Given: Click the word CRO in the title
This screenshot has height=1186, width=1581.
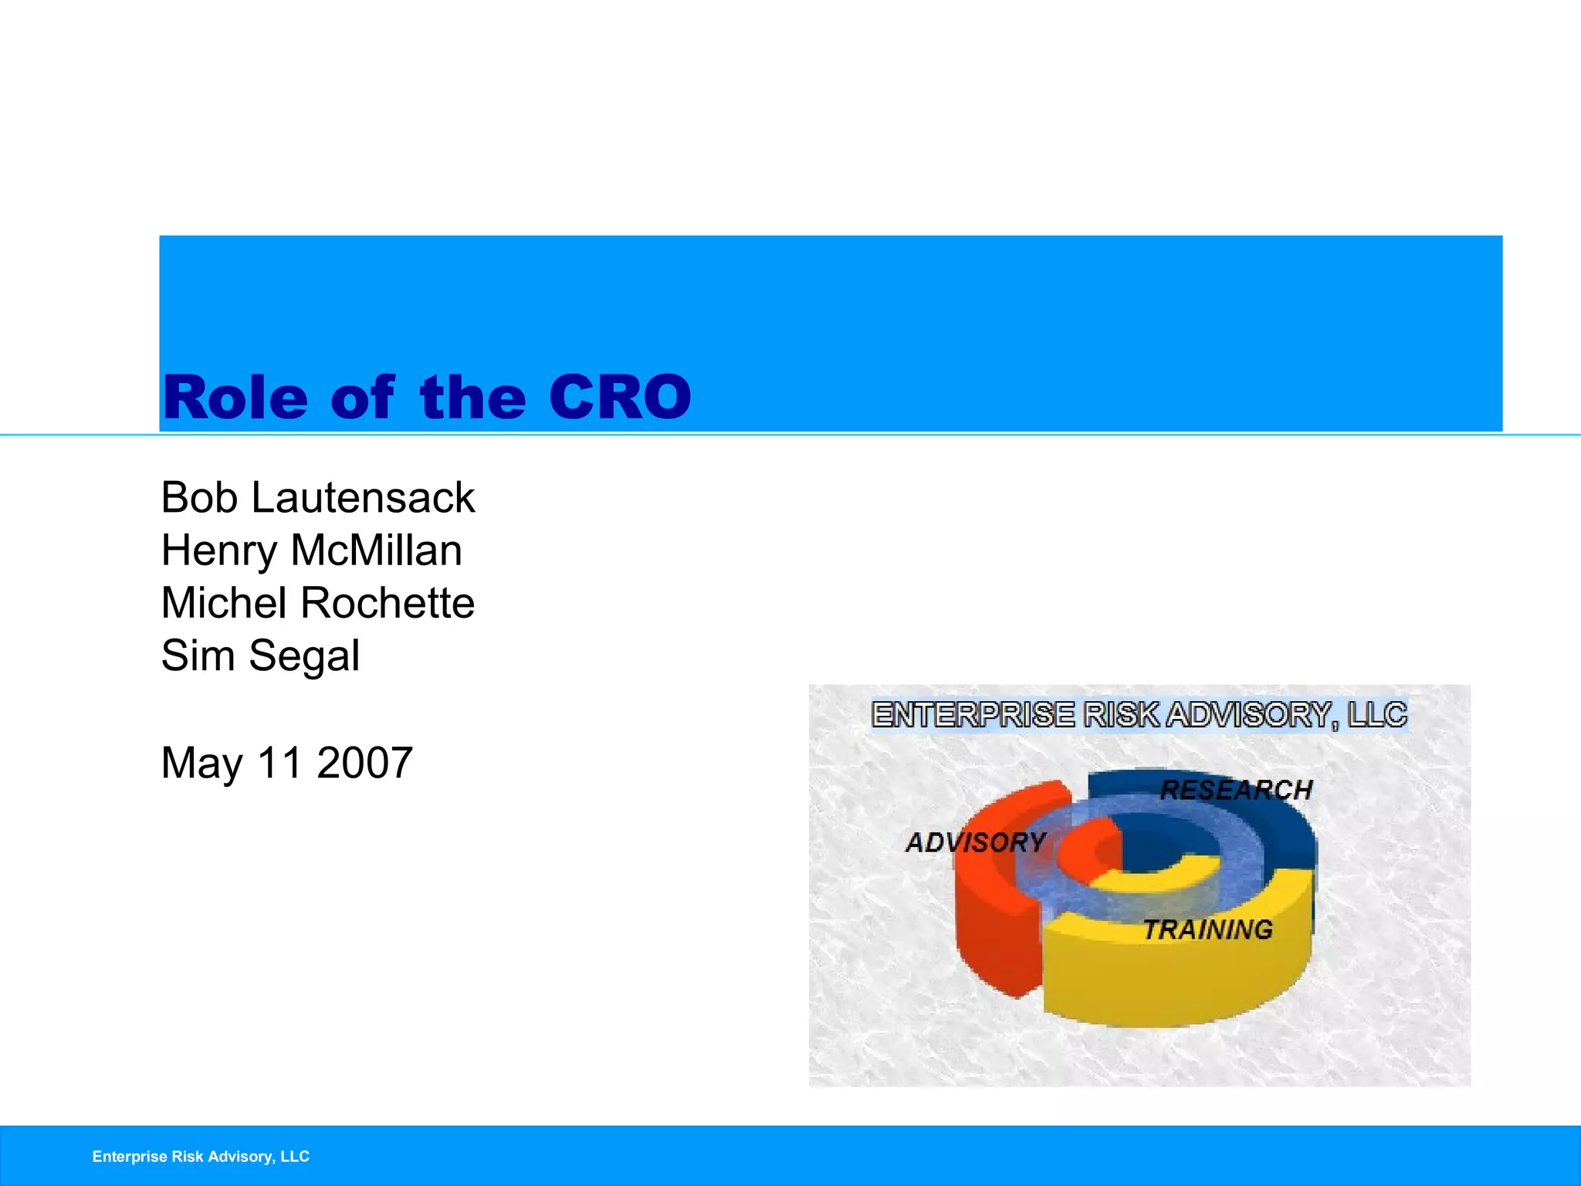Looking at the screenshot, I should coord(620,398).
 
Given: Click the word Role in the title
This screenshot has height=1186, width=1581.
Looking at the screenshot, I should coord(235,398).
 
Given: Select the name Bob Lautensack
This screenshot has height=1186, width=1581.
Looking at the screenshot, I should coord(317,497).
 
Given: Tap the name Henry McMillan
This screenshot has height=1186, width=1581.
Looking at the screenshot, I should coord(311,551).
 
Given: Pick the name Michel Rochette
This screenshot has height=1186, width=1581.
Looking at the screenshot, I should coord(317,603).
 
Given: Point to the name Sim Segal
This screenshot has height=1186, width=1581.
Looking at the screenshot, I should coord(260,656).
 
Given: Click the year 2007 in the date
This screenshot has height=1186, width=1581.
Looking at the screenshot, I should coord(364,763).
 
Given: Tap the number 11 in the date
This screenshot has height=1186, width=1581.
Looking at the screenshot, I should coord(279,763).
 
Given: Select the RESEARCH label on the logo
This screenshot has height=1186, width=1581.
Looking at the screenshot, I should coord(1236,790).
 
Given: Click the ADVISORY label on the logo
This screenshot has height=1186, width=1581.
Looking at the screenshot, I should coord(976,842).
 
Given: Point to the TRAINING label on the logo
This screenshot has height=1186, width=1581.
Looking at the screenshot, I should coord(1207,930).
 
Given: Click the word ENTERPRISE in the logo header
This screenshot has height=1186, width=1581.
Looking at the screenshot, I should coord(973,715).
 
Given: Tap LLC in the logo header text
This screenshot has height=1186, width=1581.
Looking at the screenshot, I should coord(1377,715).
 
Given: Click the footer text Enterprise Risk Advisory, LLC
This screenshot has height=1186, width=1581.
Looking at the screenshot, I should coord(201,1156).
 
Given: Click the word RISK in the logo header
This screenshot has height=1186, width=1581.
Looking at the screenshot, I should coord(1121,715).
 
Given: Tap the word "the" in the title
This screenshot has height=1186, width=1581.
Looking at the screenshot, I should coord(472,398).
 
